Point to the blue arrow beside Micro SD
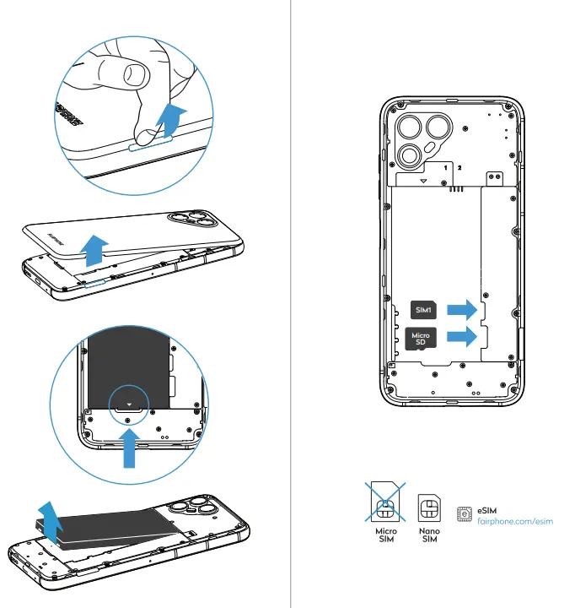tap(460, 338)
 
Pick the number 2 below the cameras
tap(459, 168)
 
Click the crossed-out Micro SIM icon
tap(385, 505)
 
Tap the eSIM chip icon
tap(463, 513)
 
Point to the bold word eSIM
tap(486, 511)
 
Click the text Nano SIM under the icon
tap(429, 536)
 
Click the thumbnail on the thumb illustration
tap(135, 74)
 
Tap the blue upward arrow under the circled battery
tap(128, 447)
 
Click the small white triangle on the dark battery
tap(128, 405)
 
